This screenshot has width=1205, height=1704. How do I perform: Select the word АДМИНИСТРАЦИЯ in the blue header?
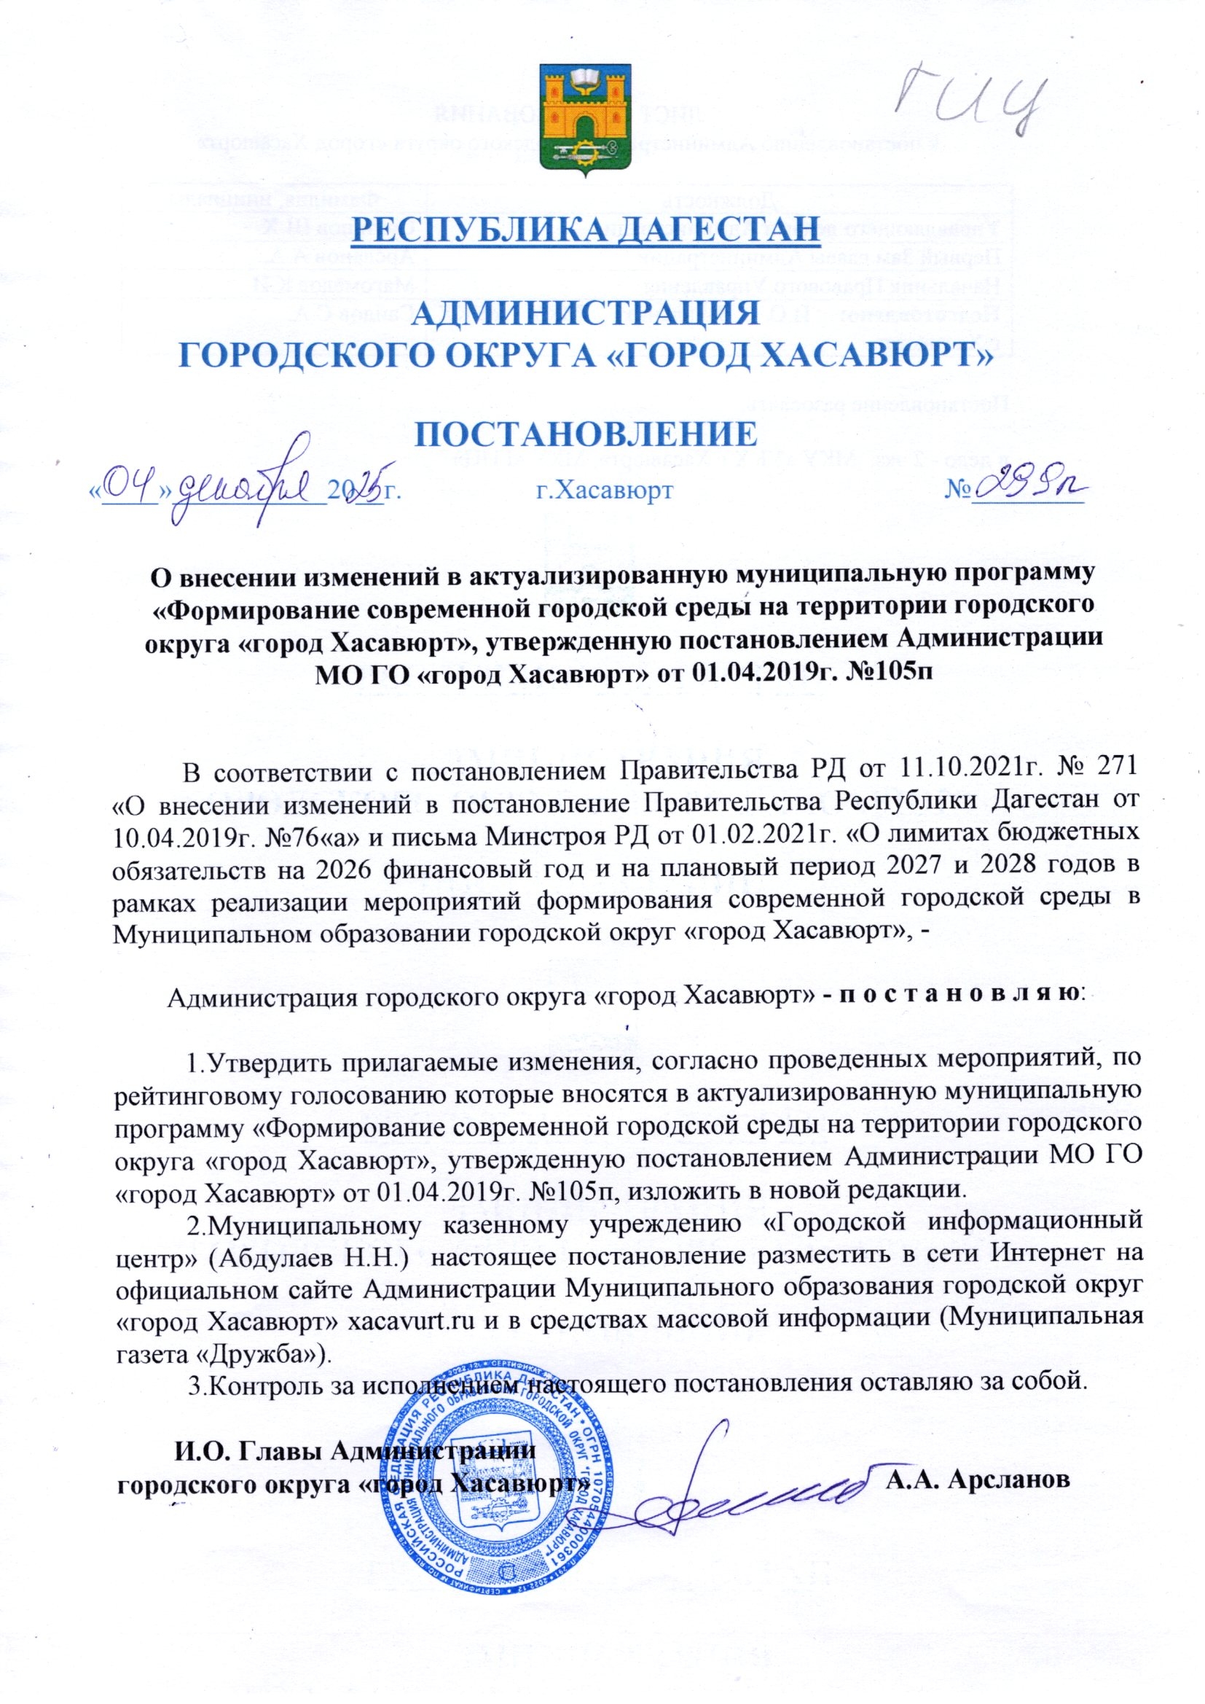(x=585, y=313)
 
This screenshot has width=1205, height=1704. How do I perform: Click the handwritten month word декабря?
(x=248, y=486)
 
